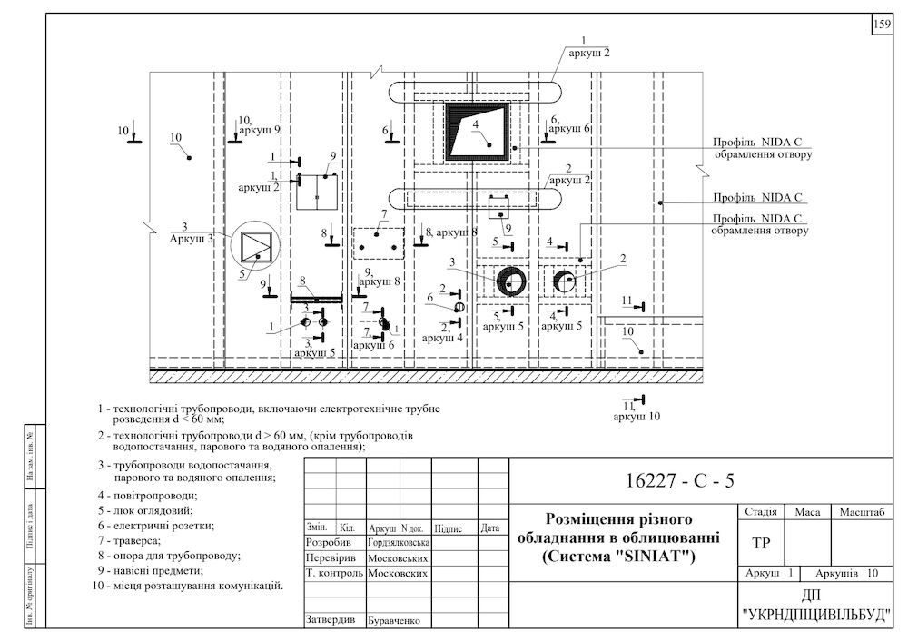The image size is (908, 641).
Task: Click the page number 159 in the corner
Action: pyautogui.click(x=882, y=25)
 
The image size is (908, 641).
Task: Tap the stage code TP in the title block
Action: pyautogui.click(x=760, y=542)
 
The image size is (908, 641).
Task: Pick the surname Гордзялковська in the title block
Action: pyautogui.click(x=399, y=542)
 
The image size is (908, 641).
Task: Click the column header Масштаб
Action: pyautogui.click(x=863, y=512)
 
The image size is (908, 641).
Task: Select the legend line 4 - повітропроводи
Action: pyautogui.click(x=147, y=496)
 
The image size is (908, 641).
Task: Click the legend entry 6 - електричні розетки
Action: pyautogui.click(x=156, y=525)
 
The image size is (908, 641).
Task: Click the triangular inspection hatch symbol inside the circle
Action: pyautogui.click(x=257, y=247)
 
